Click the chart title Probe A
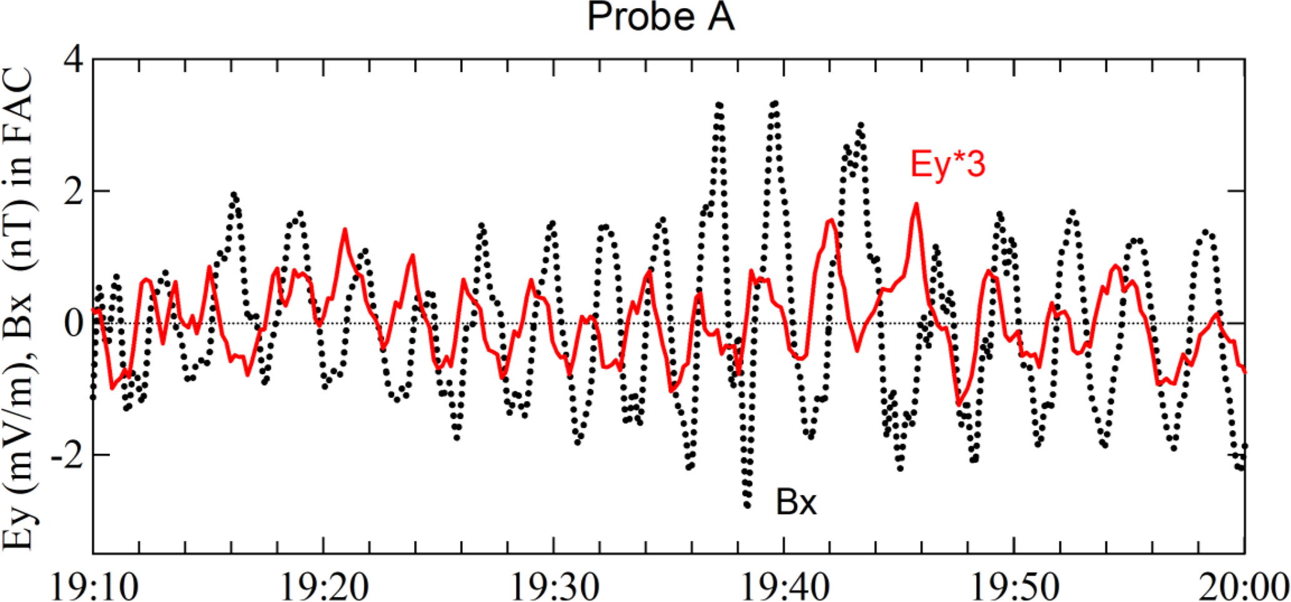(660, 17)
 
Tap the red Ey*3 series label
(947, 165)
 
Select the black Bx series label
(796, 502)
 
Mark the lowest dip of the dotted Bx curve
(747, 505)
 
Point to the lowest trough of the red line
(958, 405)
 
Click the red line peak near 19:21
(344, 230)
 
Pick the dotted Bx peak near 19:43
(861, 125)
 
